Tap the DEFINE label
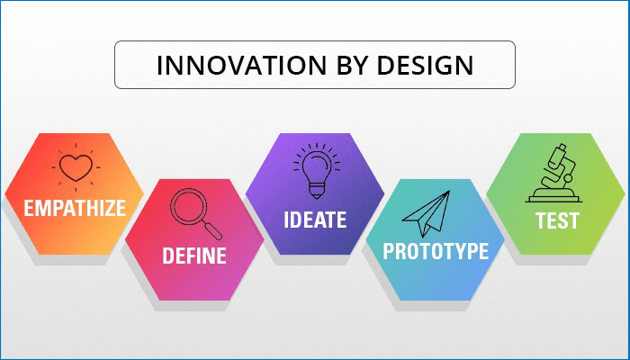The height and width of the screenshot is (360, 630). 193,256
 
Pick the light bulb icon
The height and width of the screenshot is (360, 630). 314,171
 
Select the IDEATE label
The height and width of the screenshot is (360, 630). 314,220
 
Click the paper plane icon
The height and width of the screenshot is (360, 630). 425,214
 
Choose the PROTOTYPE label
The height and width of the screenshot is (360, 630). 435,251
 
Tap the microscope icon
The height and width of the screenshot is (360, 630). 556,172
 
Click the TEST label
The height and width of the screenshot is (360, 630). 555,220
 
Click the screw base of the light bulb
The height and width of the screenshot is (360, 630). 314,190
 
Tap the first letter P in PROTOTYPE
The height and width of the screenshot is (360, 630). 389,251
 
